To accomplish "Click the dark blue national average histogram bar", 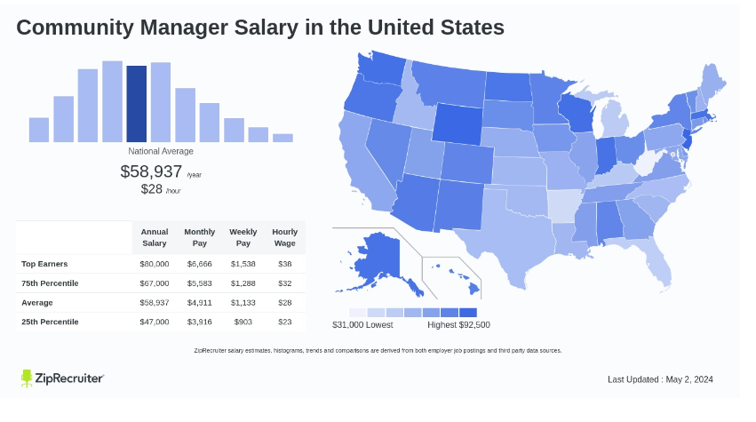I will [x=136, y=104].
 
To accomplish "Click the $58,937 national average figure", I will [x=151, y=171].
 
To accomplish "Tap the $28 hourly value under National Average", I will [x=153, y=189].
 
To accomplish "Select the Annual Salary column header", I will [x=155, y=237].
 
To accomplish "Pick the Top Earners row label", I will [x=44, y=264].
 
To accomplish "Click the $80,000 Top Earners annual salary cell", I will [x=155, y=264].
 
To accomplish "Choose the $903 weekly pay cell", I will [x=243, y=322].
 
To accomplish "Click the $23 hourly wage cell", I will [x=284, y=322].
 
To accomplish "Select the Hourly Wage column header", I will [x=284, y=237].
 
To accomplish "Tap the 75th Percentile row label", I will [x=50, y=283].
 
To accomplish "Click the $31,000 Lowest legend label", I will [x=362, y=324].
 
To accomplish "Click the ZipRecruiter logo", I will [x=62, y=378].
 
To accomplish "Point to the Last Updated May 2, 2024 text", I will [x=660, y=379].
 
